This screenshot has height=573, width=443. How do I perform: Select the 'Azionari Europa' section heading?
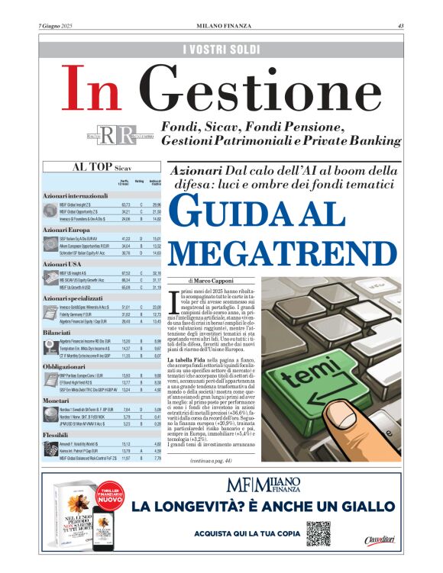[x=68, y=229]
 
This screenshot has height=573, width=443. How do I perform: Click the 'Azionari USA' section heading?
[x=63, y=263]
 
